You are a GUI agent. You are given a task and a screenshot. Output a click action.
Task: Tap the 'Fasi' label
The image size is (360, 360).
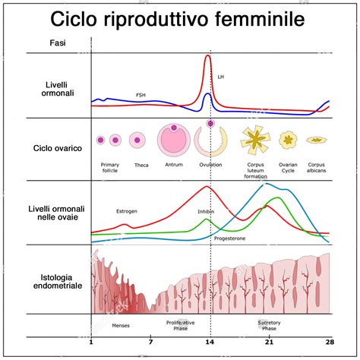pyautogui.click(x=57, y=44)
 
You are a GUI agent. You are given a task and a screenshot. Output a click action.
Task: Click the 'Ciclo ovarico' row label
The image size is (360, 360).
pyautogui.click(x=58, y=149)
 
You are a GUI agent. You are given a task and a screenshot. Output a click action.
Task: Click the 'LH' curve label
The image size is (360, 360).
pyautogui.click(x=221, y=77)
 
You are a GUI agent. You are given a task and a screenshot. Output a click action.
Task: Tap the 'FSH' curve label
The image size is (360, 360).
pyautogui.click(x=141, y=95)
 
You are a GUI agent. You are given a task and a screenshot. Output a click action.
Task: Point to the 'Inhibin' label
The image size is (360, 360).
pyautogui.click(x=205, y=212)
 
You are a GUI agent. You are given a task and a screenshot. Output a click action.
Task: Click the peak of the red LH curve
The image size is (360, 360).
pyautogui.click(x=209, y=56)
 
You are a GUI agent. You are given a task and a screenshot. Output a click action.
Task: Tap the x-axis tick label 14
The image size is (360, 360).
pyautogui.click(x=210, y=343)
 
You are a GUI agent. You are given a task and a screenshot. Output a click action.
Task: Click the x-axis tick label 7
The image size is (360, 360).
pyautogui.click(x=150, y=343)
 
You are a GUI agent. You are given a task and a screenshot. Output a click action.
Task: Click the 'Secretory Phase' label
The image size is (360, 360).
pyautogui.click(x=269, y=324)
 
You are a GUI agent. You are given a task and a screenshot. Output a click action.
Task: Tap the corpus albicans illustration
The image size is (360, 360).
pyautogui.click(x=316, y=140)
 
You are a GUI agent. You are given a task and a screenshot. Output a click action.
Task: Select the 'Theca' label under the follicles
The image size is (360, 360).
pyautogui.click(x=141, y=165)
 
